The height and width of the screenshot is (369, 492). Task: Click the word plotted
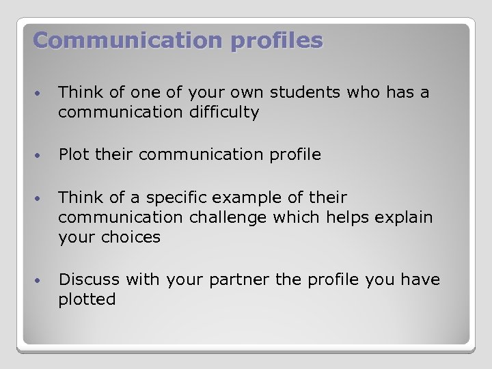click(x=87, y=299)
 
